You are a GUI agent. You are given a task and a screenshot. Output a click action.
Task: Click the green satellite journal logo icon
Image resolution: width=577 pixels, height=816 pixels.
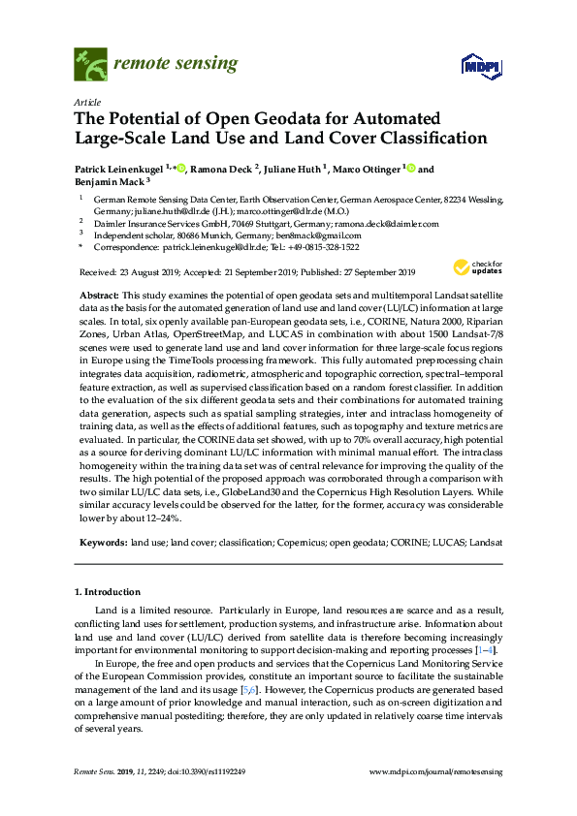point(90,65)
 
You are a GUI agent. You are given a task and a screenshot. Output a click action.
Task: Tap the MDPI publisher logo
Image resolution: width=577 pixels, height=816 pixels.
point(476,66)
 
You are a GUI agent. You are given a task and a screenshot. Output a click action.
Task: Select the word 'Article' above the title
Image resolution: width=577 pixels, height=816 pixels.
point(85,101)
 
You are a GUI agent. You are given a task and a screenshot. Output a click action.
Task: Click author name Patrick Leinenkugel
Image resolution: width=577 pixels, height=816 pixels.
point(119,170)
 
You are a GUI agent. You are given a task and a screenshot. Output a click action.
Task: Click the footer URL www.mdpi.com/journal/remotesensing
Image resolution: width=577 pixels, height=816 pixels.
point(436,771)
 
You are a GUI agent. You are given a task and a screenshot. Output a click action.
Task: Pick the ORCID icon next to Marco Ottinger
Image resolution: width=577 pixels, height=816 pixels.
point(410,170)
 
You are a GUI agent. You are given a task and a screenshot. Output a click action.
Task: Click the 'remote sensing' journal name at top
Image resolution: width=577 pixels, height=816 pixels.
point(175,64)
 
